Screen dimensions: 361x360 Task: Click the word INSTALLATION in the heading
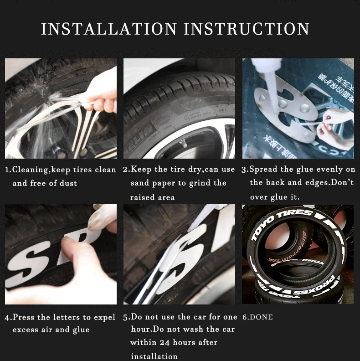click(108, 29)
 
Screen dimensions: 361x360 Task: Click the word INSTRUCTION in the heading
click(247, 29)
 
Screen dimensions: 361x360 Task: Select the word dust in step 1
click(68, 183)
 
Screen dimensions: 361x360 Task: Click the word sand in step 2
click(139, 183)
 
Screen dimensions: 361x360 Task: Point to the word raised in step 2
click(142, 197)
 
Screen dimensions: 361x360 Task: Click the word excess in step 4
click(26, 330)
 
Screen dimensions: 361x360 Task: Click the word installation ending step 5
click(154, 356)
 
